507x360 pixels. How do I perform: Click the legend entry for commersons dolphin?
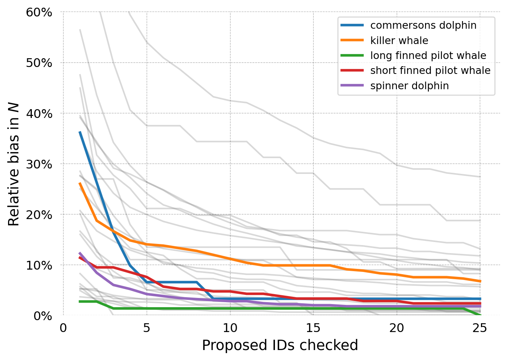coord(423,25)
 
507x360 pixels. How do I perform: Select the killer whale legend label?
coord(399,41)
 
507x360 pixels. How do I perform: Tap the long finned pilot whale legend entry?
coord(428,56)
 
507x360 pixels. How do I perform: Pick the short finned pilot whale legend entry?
coord(430,70)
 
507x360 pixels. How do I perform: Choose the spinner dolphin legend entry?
coord(409,86)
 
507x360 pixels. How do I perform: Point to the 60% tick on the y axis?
coord(39,12)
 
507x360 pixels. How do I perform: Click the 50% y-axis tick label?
coord(39,63)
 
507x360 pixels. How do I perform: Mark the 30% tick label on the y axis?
coord(39,164)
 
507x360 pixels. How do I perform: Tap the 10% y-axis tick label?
coord(39,265)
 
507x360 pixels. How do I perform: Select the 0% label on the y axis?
coord(43,316)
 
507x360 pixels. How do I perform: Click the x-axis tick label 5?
coord(147,328)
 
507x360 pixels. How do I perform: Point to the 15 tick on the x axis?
coord(313,328)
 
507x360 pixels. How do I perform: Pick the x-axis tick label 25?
coord(480,328)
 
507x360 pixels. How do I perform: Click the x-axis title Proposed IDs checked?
coord(280,345)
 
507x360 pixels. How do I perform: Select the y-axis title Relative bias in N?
coord(14,164)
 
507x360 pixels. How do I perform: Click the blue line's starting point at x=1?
coord(80,132)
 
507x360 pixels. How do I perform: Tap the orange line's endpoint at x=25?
coord(480,281)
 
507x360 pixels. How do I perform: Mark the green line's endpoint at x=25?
coord(480,315)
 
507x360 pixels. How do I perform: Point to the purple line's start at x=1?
coord(80,253)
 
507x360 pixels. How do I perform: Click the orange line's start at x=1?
coord(80,183)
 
